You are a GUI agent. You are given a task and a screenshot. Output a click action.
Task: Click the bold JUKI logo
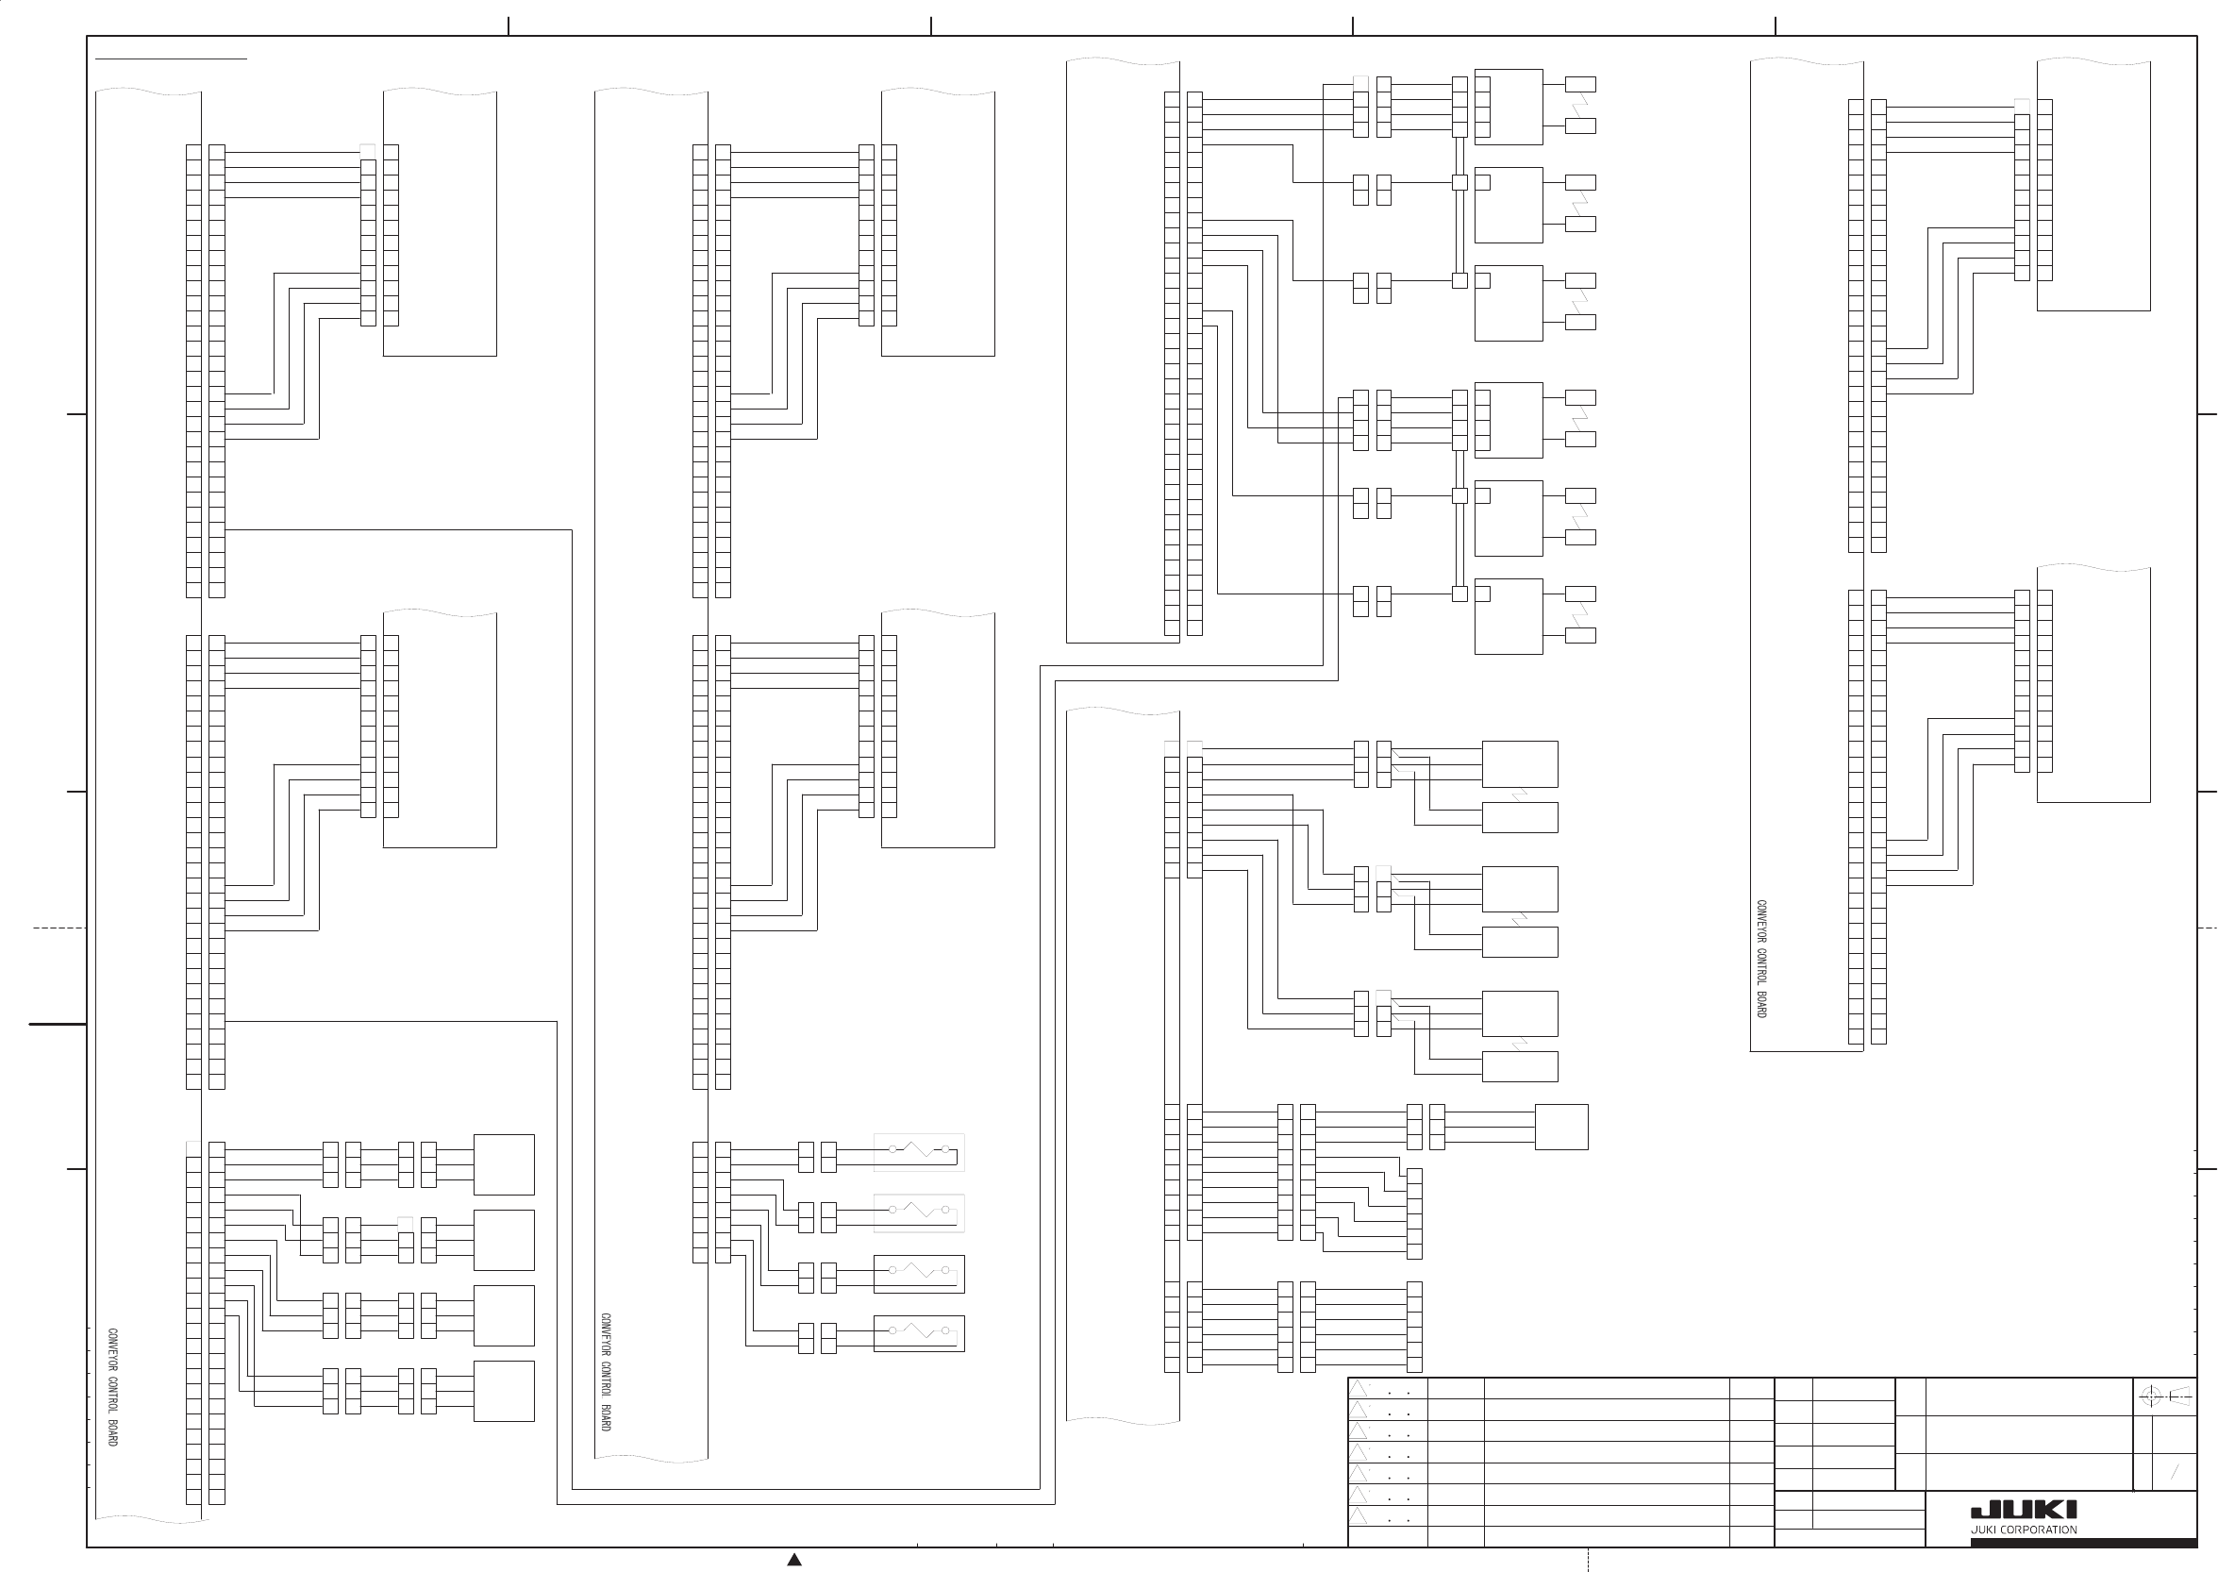click(2024, 1510)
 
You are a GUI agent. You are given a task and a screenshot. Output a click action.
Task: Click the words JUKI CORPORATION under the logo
click(2024, 1530)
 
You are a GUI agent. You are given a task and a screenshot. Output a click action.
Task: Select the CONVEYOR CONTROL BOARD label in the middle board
click(606, 1373)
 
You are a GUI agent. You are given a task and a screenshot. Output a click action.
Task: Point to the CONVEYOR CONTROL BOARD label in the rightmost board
click(1761, 959)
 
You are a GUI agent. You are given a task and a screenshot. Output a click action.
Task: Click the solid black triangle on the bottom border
click(794, 1560)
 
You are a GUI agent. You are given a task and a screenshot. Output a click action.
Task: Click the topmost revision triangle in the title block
click(1359, 1388)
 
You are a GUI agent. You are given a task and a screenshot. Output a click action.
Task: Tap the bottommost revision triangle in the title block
click(1359, 1515)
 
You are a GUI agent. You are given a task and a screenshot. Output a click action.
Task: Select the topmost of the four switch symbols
click(918, 1152)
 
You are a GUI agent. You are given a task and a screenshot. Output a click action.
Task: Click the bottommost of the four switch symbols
click(918, 1333)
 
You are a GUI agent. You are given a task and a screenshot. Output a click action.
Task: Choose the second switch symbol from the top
click(918, 1212)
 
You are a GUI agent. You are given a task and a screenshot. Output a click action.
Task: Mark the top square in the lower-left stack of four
click(503, 1164)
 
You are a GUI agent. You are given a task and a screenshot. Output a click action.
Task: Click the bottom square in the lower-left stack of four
click(503, 1391)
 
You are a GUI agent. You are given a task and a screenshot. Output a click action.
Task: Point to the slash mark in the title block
click(2175, 1472)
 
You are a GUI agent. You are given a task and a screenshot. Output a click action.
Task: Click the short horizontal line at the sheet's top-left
click(172, 59)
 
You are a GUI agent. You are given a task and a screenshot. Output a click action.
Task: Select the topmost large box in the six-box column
click(1508, 107)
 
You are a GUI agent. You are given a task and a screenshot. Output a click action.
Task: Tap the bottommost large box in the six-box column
click(1508, 616)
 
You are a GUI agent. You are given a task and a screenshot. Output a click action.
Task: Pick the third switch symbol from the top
click(918, 1273)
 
